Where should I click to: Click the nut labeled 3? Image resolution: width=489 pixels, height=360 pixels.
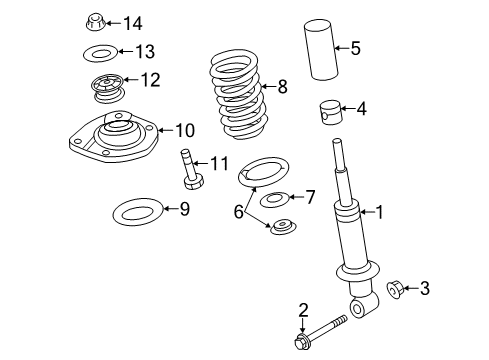click(395, 289)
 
